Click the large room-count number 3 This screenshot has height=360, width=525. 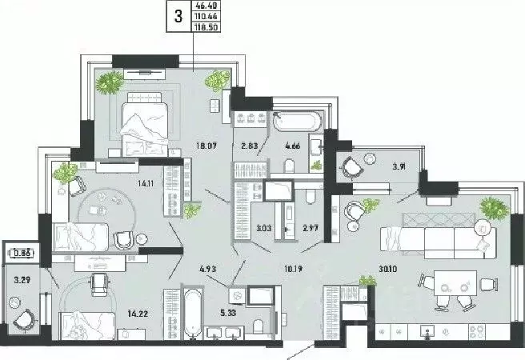point(178,15)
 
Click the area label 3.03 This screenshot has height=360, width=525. point(261,229)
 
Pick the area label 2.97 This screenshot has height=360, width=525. point(311,229)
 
